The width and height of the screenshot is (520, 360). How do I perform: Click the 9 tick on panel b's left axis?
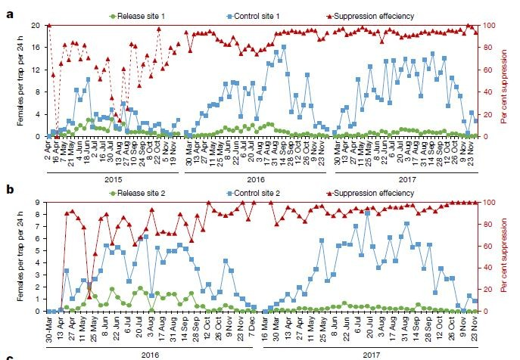click(x=40, y=202)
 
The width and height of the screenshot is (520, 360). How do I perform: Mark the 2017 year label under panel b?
click(x=371, y=352)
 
